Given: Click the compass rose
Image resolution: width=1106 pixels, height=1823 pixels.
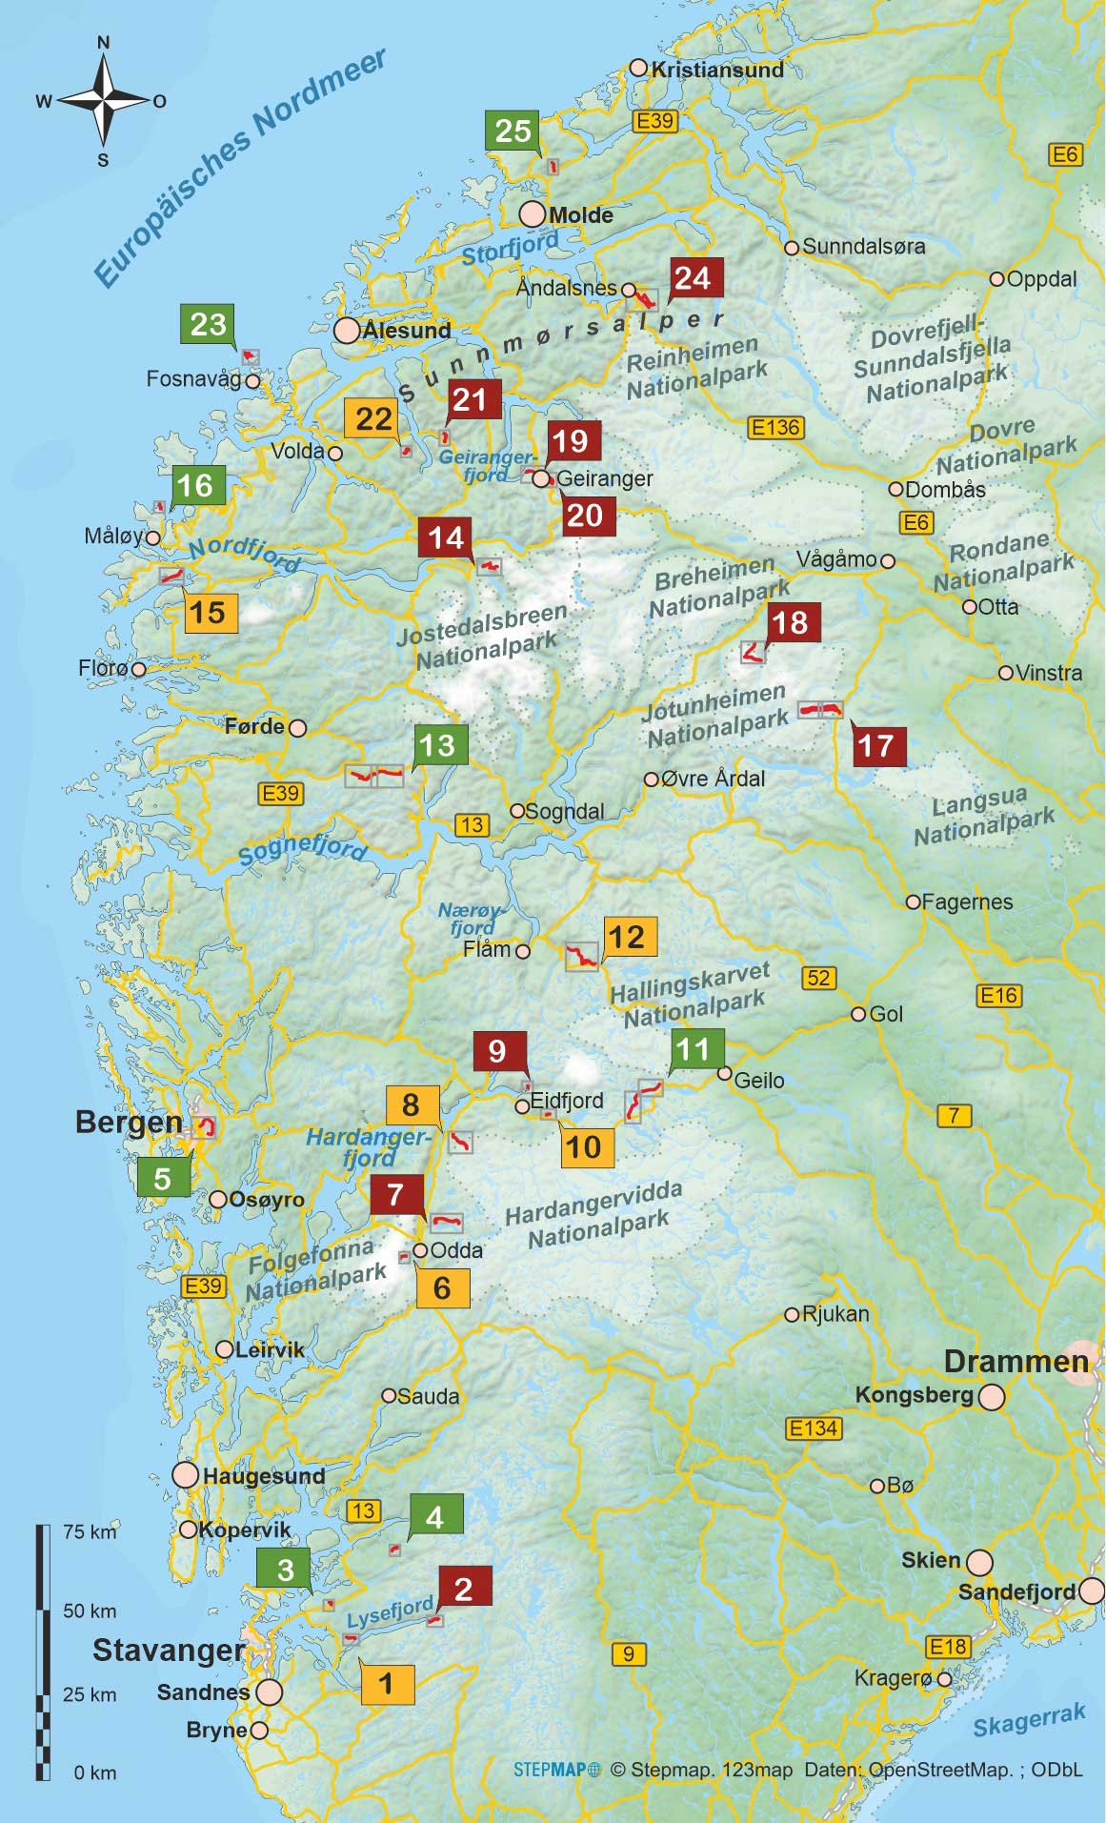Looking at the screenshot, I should (103, 100).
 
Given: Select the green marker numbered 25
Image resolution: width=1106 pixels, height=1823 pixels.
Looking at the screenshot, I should (513, 131).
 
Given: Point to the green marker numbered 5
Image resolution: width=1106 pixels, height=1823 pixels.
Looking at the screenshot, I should (163, 1178).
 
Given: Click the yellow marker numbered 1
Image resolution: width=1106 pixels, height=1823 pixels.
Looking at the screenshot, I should (387, 1683).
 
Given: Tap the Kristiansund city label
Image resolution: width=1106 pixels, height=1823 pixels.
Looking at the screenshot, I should (716, 70).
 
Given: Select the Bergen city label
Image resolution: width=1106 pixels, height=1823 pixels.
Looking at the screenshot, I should (129, 1123).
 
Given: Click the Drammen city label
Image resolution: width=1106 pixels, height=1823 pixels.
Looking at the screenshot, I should (1016, 1361).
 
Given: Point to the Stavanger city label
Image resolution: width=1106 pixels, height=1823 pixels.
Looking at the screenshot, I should (169, 1650).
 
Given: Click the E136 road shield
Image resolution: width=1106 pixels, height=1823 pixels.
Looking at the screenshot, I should (776, 428).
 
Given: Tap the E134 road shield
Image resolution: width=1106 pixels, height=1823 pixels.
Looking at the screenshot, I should (814, 1428).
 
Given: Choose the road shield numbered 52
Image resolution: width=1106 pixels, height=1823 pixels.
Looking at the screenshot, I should (818, 978).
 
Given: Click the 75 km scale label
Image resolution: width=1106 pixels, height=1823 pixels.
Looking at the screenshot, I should (90, 1531).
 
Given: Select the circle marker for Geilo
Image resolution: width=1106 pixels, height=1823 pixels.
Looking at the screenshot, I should (724, 1074).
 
